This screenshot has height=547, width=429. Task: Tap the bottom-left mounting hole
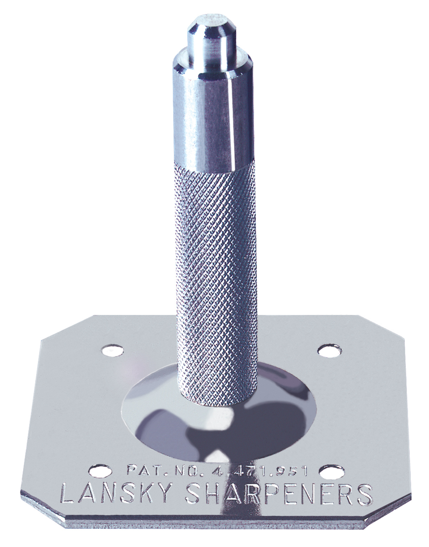[x=100, y=452]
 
